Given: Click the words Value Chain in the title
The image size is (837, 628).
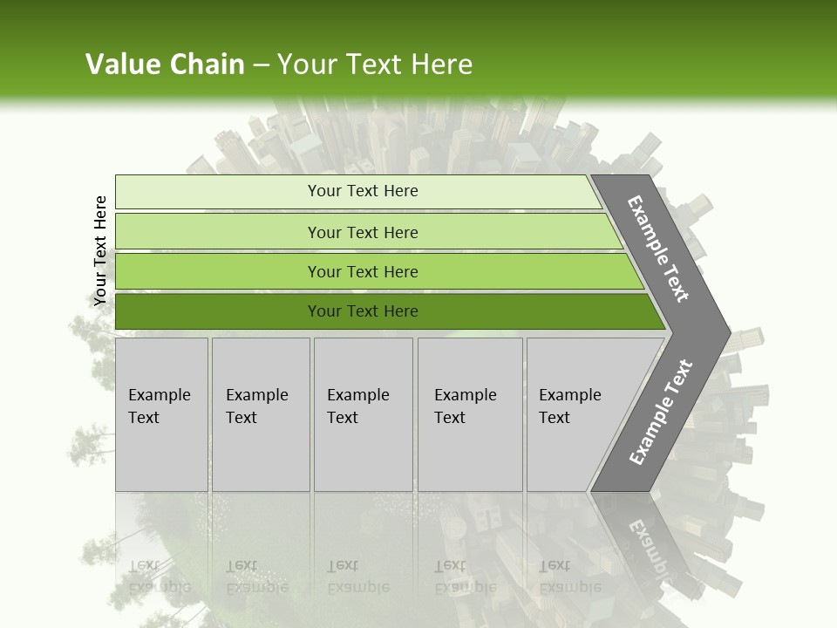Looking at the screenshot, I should click(165, 65).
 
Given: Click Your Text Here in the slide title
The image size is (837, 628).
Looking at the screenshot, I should click(375, 65).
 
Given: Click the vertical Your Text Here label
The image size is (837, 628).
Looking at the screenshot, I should click(100, 250).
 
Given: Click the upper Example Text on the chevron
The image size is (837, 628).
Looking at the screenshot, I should click(658, 249).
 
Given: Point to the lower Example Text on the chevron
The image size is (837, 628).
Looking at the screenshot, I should click(660, 413).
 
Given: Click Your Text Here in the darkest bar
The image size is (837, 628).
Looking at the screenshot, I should click(363, 311).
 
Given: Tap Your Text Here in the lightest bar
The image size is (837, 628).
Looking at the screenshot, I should click(363, 191).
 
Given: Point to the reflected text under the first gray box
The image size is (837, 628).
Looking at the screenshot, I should click(159, 577).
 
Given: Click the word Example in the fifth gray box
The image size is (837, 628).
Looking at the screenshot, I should click(569, 395).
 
